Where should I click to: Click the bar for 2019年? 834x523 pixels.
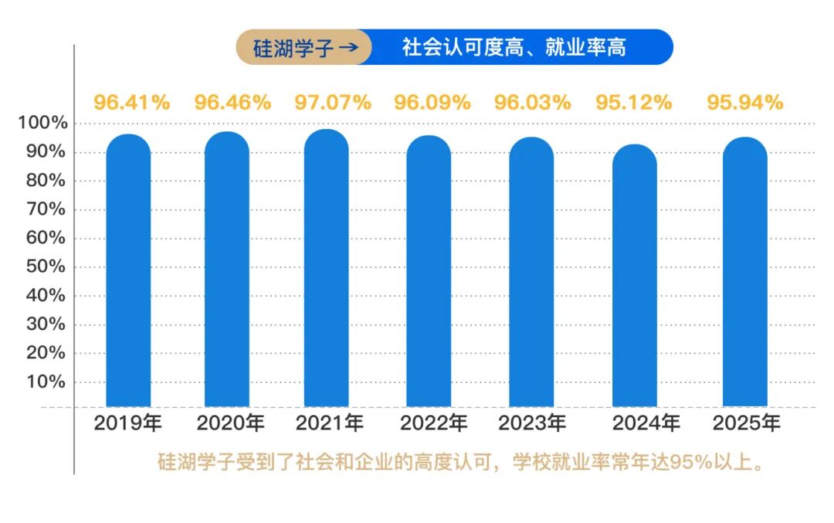click(128, 270)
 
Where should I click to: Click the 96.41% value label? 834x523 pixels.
click(132, 102)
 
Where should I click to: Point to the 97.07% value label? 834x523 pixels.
click(333, 102)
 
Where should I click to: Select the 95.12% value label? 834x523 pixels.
click(634, 102)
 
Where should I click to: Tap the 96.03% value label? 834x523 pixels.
click(533, 102)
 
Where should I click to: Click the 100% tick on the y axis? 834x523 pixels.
click(43, 124)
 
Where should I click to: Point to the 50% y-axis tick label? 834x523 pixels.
click(47, 267)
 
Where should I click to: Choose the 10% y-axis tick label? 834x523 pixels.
click(47, 382)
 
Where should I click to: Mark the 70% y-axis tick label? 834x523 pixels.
click(47, 210)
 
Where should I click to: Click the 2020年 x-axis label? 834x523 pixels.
click(230, 423)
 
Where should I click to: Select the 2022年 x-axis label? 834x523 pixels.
click(434, 423)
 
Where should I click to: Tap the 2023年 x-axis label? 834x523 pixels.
click(532, 423)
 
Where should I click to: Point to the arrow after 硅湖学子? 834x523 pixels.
click(348, 48)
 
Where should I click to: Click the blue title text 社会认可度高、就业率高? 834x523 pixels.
click(514, 48)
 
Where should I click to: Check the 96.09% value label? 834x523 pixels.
click(432, 102)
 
